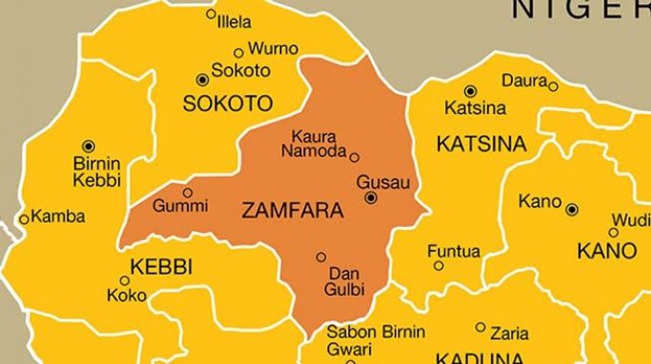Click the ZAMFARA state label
click(x=291, y=211)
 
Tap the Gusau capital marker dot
click(x=371, y=198)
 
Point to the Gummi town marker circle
click(x=187, y=192)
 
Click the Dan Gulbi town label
click(x=345, y=280)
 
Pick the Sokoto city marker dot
click(x=202, y=79)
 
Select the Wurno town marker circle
click(x=238, y=53)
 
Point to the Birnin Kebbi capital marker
click(x=89, y=146)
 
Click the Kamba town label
click(x=58, y=217)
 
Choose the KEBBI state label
click(x=162, y=267)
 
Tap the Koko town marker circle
click(x=125, y=280)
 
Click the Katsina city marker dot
click(x=469, y=90)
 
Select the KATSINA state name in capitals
click(x=481, y=143)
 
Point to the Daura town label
click(x=524, y=80)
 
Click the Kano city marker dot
click(x=572, y=208)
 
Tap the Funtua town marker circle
click(x=439, y=266)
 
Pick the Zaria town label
click(x=509, y=333)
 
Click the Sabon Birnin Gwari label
click(x=375, y=340)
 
